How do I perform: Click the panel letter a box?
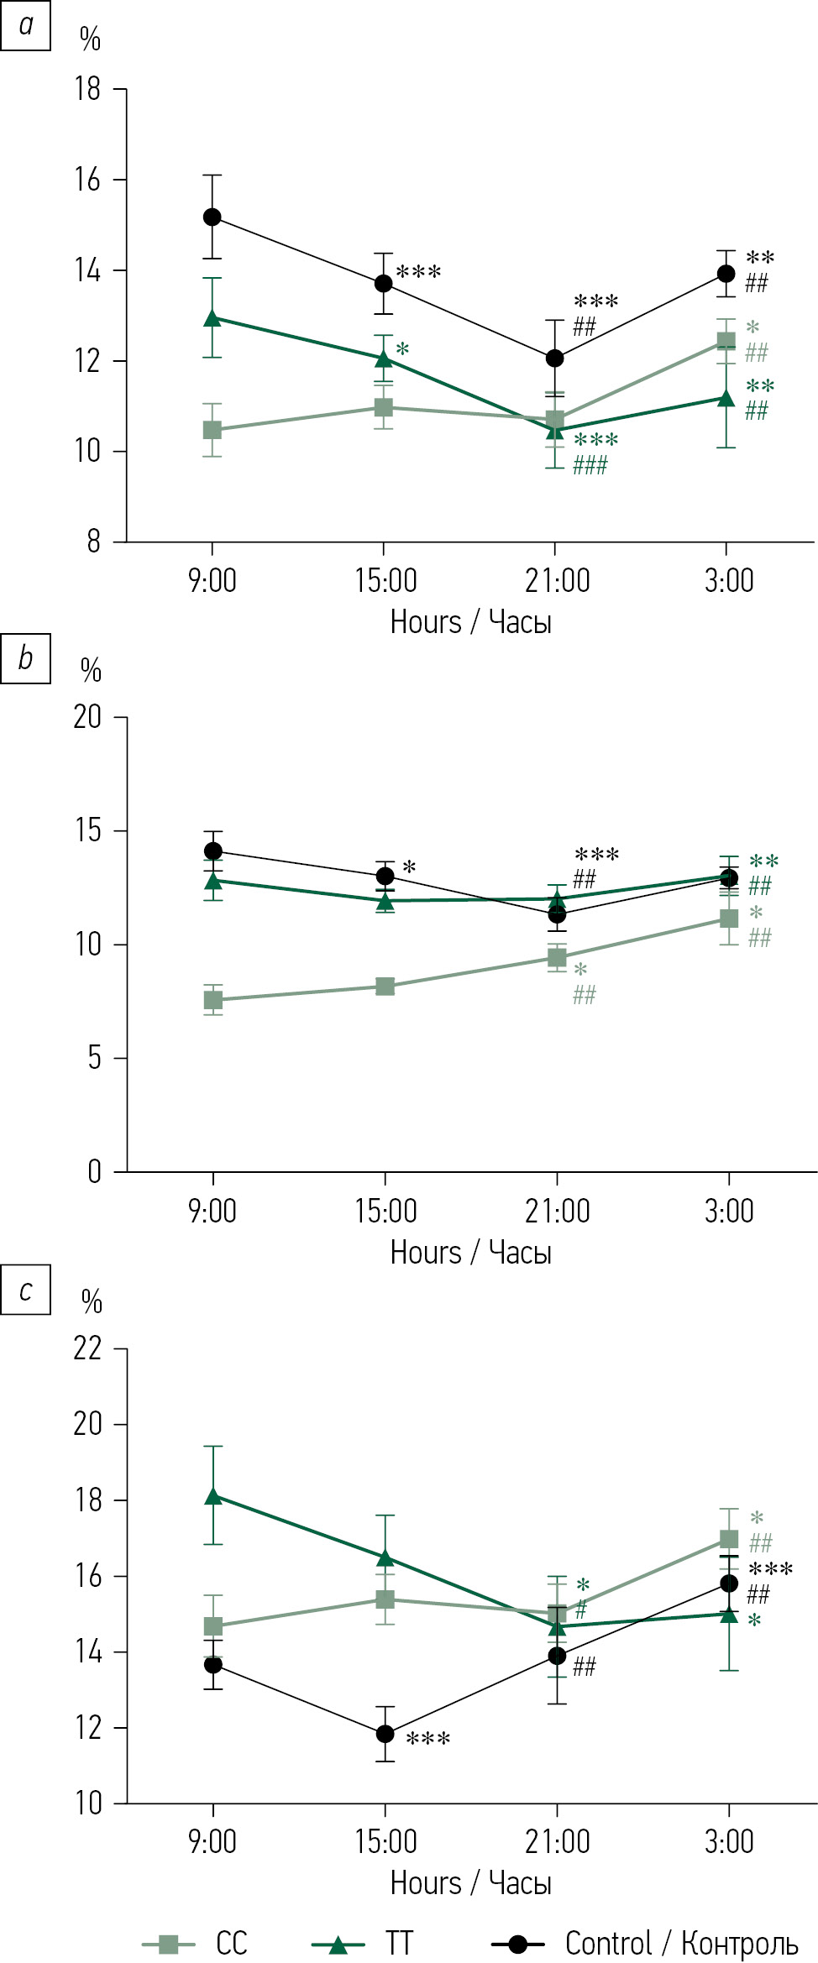(x=25, y=26)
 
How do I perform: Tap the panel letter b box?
(x=25, y=658)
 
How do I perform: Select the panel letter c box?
(x=25, y=1290)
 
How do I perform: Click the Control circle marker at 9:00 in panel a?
(x=212, y=217)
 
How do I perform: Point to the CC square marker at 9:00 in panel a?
(x=212, y=430)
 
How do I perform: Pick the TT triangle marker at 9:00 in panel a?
(x=212, y=318)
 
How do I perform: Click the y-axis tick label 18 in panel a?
(x=87, y=89)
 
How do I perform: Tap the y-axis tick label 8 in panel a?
(x=93, y=542)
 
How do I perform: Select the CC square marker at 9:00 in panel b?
(x=213, y=1000)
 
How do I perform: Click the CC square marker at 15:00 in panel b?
(x=385, y=987)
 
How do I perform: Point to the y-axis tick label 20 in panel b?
(x=87, y=717)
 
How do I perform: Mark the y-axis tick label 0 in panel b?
(x=94, y=1171)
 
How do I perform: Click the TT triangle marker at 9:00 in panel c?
(x=213, y=1496)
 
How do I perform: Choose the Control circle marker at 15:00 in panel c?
(x=385, y=1734)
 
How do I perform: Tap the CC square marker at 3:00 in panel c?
(x=729, y=1539)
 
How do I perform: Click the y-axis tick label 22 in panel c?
(x=87, y=1348)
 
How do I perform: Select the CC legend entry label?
(x=232, y=1943)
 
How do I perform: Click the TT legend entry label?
(x=399, y=1943)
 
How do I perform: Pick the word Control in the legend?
(x=608, y=1943)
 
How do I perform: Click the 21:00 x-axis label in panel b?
(x=557, y=1211)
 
